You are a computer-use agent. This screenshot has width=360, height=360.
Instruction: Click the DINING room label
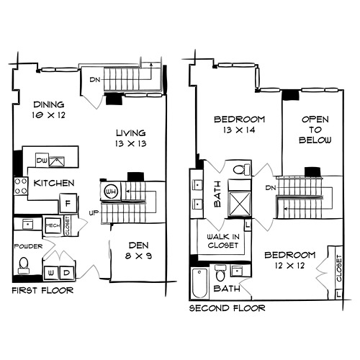[49, 104]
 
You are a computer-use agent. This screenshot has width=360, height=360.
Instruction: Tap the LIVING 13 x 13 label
[131, 138]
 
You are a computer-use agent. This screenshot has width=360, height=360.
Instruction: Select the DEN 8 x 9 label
[138, 251]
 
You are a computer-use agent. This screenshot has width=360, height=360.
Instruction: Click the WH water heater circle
[111, 192]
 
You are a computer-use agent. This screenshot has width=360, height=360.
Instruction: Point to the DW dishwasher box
[42, 160]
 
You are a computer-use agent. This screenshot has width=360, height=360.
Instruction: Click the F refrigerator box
[68, 204]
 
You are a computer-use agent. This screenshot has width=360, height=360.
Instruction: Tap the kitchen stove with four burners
[21, 186]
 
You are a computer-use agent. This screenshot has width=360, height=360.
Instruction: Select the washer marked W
[51, 273]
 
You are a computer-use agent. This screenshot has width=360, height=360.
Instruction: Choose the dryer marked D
[67, 273]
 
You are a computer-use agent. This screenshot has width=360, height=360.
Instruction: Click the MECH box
[53, 225]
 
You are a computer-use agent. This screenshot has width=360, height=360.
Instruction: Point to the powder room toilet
[24, 266]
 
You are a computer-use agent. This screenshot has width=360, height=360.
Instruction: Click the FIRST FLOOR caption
[42, 291]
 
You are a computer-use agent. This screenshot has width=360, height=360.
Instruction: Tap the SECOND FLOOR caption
[227, 308]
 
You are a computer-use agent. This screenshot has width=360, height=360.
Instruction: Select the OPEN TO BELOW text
[315, 130]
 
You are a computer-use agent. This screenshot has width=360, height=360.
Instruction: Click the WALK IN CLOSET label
[223, 241]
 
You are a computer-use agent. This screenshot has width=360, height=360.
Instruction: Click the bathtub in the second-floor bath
[199, 283]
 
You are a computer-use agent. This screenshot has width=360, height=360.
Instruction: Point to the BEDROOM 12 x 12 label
[290, 260]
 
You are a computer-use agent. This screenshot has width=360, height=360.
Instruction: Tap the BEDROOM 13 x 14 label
[239, 125]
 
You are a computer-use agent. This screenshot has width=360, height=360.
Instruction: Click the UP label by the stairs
[94, 213]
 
